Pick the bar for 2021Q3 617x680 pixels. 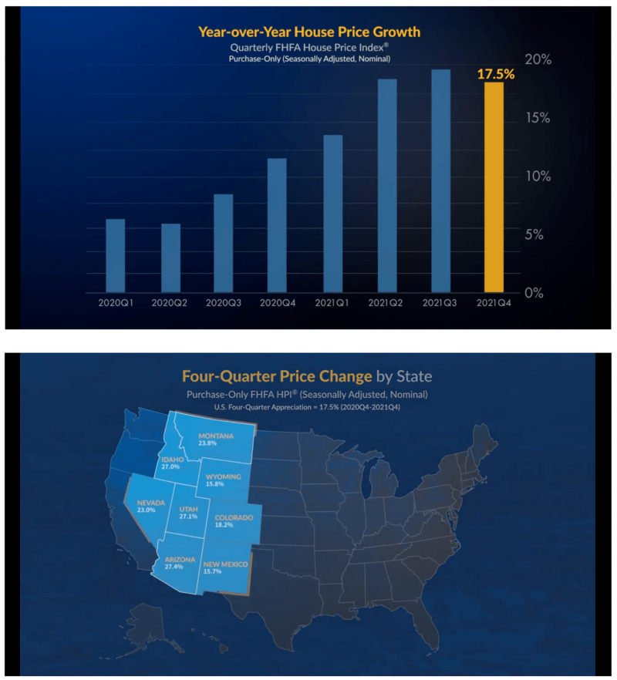(440, 181)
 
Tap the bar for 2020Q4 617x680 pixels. (277, 225)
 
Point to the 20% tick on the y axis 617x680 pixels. (537, 59)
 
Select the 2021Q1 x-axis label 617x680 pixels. (332, 303)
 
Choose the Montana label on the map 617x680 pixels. (215, 435)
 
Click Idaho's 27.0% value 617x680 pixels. (170, 466)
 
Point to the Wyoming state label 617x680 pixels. (224, 476)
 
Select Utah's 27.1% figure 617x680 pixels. (188, 517)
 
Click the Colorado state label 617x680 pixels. (233, 517)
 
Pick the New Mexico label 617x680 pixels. (228, 565)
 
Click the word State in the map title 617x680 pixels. (415, 376)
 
